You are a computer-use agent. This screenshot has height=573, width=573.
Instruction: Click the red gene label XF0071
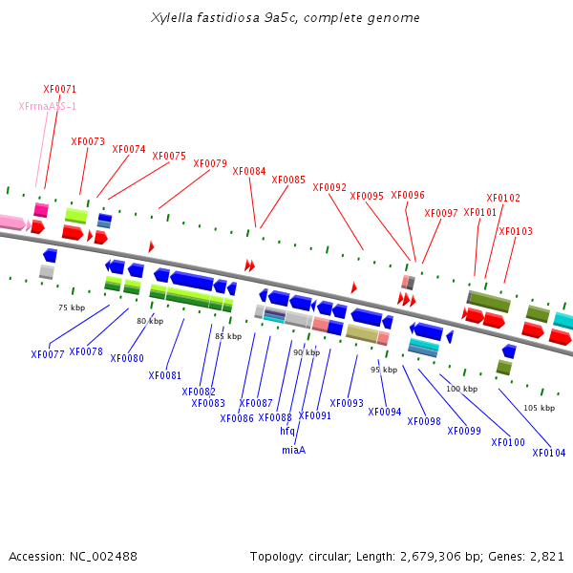point(60,89)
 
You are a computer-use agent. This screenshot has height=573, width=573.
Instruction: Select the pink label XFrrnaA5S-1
point(48,106)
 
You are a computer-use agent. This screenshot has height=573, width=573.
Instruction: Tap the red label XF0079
point(210,163)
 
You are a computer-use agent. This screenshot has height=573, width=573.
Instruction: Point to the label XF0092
point(329,187)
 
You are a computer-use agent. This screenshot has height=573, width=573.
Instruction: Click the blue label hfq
point(287,432)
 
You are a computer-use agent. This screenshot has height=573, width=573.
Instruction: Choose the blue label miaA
point(294,450)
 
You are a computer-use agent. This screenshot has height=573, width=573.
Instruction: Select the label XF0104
point(549,453)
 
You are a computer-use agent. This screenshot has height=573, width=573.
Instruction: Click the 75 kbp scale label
point(72,308)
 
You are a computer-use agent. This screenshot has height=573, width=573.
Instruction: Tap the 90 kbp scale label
point(307,352)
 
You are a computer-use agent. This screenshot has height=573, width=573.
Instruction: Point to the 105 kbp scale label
point(540,408)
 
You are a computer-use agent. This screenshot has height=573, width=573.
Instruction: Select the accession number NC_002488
point(103,557)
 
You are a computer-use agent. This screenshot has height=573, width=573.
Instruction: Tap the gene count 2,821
point(547,557)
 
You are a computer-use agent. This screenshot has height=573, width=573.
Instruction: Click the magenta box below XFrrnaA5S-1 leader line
point(41,210)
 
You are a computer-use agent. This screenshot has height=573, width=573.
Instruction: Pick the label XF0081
point(165,375)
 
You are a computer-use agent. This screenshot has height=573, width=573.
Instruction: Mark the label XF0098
point(424,421)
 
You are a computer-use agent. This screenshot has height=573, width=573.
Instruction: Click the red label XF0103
point(516,231)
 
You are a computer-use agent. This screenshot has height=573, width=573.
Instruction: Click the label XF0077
point(48,354)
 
